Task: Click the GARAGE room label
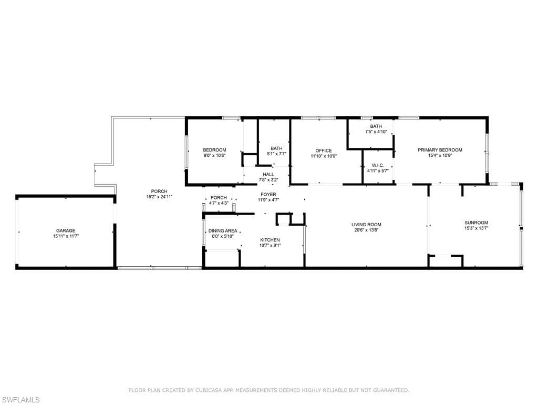click(x=66, y=230)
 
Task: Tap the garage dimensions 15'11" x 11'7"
click(x=66, y=237)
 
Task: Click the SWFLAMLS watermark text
click(x=21, y=400)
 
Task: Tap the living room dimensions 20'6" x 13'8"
click(x=366, y=230)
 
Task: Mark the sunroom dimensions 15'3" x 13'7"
click(x=476, y=228)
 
